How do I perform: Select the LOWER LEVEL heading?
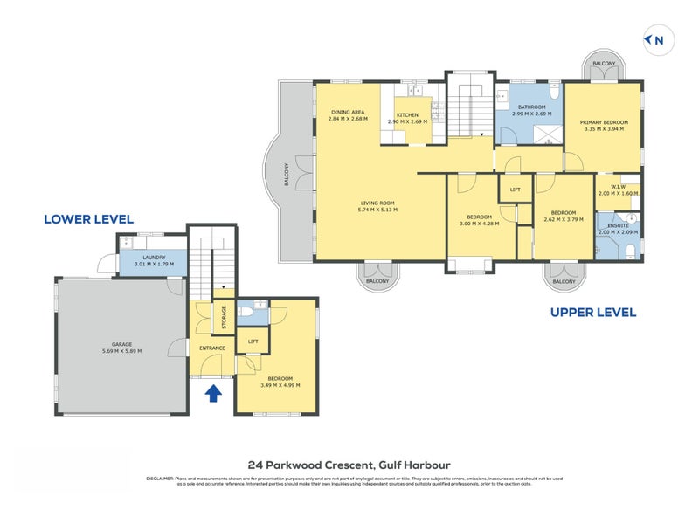88,219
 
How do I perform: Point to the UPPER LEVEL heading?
592,312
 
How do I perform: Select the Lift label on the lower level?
253,341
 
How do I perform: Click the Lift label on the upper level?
516,190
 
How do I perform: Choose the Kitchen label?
408,115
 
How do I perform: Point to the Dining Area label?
347,112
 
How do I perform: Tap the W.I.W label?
619,186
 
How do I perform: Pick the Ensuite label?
617,225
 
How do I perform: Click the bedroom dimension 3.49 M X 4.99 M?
280,384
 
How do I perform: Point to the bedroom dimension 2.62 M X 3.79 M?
563,219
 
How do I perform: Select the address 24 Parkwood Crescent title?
349,465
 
